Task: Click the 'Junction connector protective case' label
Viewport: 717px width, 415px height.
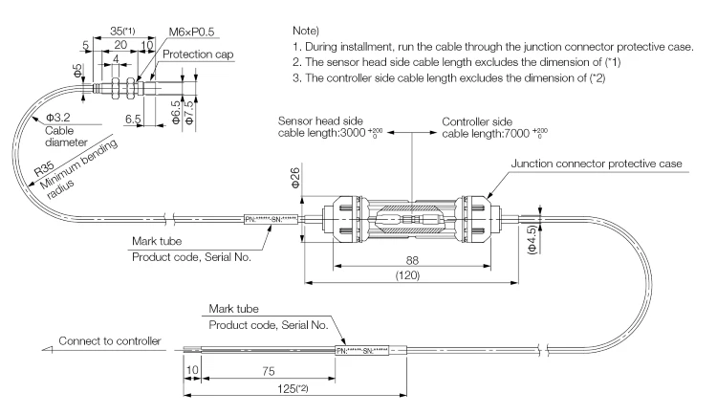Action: tap(597, 164)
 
